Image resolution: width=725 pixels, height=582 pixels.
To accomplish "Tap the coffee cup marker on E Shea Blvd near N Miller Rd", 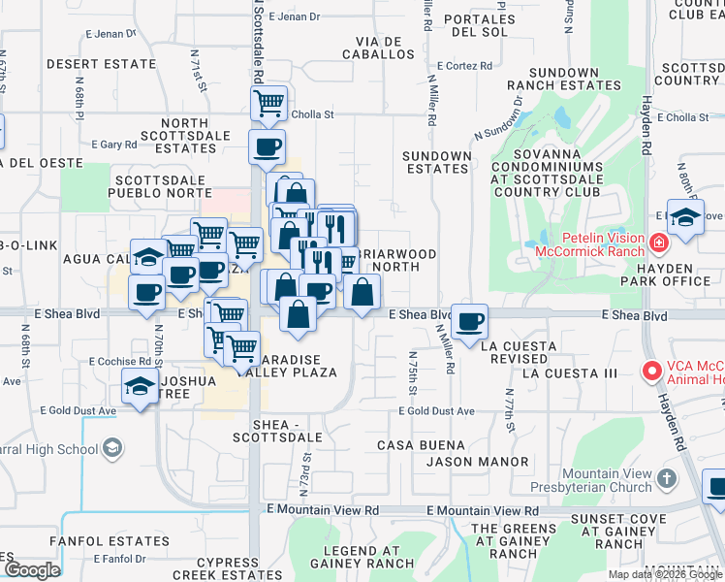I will (x=470, y=322).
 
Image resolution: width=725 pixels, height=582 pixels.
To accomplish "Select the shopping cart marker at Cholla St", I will (x=268, y=102).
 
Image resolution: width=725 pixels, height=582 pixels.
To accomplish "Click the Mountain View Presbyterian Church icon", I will (x=667, y=478).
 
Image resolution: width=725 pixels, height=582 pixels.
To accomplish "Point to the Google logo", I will (x=32, y=570).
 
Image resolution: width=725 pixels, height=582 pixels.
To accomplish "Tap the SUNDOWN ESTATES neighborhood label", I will (x=437, y=162).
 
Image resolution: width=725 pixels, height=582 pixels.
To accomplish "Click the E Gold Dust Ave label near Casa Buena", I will (x=437, y=411).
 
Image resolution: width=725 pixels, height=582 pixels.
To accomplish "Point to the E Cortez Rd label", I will (x=464, y=66).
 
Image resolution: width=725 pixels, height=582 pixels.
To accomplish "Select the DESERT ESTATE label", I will (x=101, y=64).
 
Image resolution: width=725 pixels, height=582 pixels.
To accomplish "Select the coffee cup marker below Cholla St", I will (x=267, y=147).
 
